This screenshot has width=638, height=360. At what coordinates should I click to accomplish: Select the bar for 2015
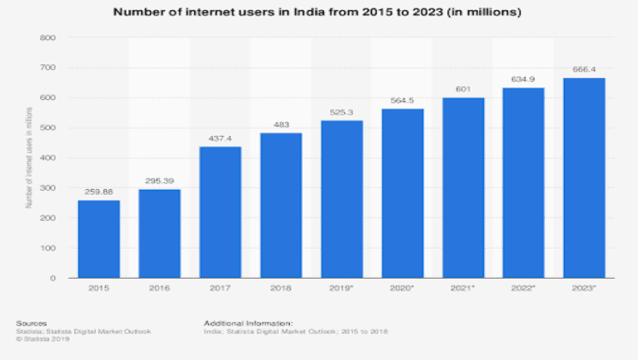(x=99, y=239)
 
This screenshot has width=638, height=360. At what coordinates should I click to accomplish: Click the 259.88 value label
(x=99, y=192)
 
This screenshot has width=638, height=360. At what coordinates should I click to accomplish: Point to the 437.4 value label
(x=221, y=139)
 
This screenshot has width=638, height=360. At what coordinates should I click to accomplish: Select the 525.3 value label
(x=342, y=112)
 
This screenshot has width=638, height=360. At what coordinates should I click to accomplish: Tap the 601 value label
(x=464, y=89)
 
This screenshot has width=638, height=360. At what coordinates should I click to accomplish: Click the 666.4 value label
(x=585, y=69)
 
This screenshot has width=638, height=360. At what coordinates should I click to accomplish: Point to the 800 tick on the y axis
(x=48, y=38)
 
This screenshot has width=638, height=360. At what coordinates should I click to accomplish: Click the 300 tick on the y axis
(x=48, y=188)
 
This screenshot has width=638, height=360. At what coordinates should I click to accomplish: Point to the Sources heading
(x=30, y=322)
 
